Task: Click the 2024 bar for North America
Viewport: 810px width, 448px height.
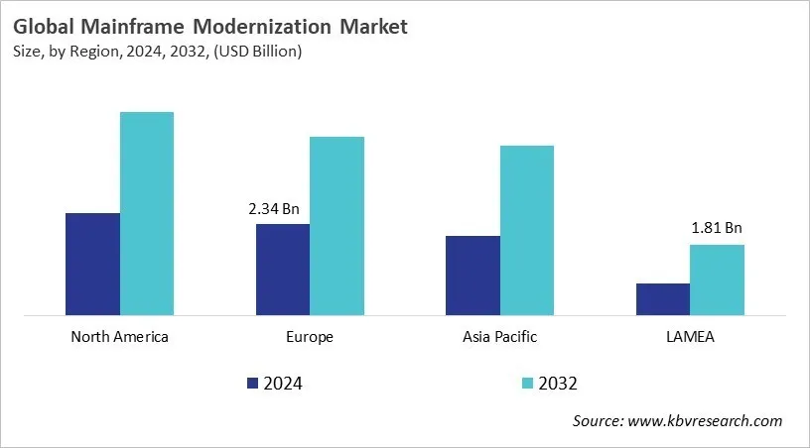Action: click(92, 265)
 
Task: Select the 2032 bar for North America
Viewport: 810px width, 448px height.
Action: click(147, 214)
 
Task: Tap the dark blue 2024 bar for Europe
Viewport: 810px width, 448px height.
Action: click(283, 270)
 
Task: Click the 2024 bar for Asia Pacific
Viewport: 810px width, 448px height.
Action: click(472, 276)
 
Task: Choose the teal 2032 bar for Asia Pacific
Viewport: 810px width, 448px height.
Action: click(527, 231)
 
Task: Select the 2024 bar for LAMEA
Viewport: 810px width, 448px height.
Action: click(662, 299)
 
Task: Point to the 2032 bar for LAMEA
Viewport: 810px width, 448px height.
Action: click(717, 280)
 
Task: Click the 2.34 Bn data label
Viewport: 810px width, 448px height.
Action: click(273, 209)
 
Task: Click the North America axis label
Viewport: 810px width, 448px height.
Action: click(120, 337)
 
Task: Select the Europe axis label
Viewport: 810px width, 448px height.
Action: click(310, 337)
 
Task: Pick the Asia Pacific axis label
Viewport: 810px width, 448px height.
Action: click(499, 337)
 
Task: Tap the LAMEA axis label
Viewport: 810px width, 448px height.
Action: click(690, 337)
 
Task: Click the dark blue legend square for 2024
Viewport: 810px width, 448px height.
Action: click(252, 383)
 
